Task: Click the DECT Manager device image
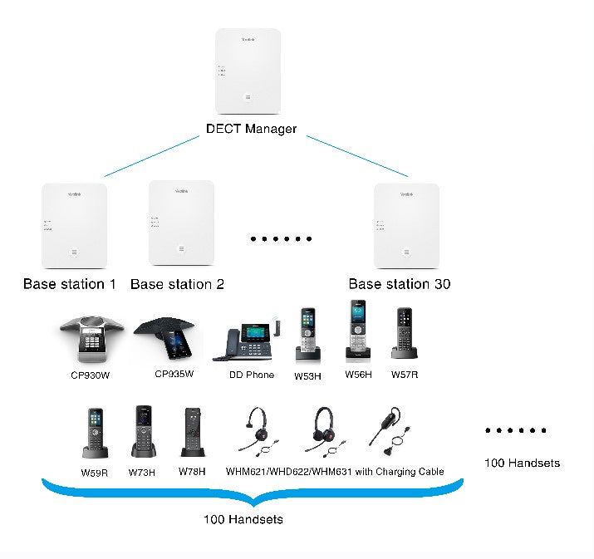248,72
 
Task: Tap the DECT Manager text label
251,130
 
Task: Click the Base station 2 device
181,222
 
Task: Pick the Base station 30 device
406,226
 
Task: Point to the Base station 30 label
400,284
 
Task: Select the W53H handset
308,336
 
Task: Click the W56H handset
357,331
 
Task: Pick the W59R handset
93,433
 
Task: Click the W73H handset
142,432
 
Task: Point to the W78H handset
192,433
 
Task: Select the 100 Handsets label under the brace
243,520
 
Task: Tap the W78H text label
192,472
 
